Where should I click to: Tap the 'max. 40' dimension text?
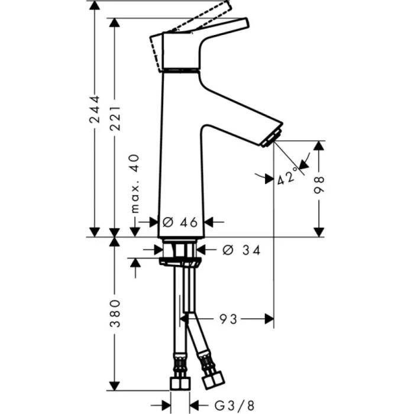click(134, 184)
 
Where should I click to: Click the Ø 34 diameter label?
click(241, 250)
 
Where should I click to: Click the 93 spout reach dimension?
click(229, 319)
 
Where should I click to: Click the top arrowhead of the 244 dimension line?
click(94, 6)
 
